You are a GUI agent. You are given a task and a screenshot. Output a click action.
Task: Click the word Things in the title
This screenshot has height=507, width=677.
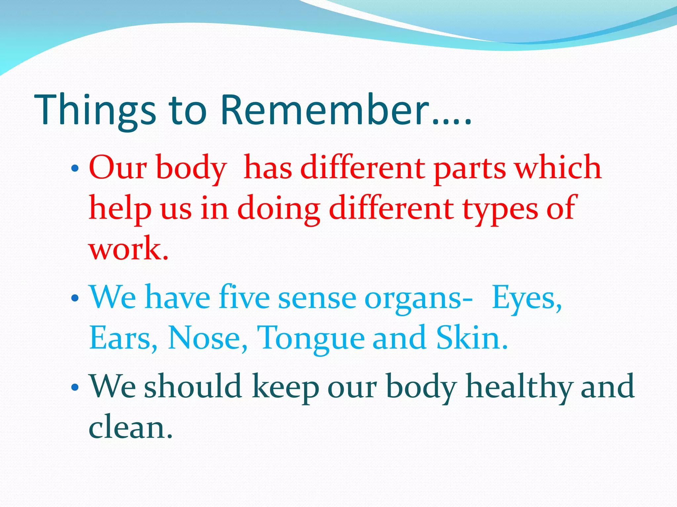(95, 111)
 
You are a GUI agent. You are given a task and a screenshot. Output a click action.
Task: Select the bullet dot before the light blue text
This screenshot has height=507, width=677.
(75, 298)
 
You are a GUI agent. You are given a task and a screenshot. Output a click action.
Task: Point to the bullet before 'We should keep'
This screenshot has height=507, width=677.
(75, 387)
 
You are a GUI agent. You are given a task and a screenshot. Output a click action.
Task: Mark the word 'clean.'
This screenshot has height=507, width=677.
(131, 428)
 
